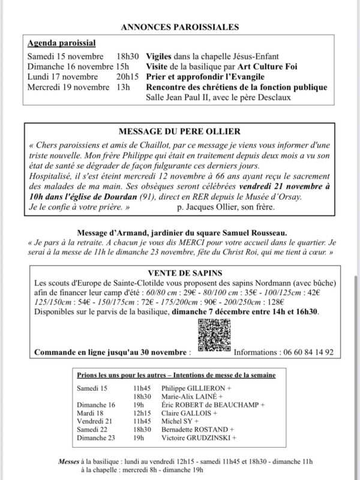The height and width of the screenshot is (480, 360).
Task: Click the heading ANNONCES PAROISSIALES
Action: [179, 27]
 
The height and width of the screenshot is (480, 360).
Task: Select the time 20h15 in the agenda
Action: [127, 77]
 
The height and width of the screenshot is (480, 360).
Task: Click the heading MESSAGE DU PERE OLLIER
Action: [179, 131]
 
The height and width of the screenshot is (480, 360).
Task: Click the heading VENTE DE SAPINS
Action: [179, 271]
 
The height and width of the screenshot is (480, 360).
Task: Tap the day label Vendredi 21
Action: [95, 422]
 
